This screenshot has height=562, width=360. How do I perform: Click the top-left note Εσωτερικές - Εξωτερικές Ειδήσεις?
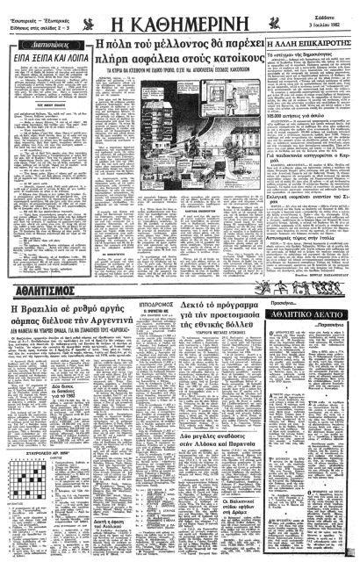point(35,12)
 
